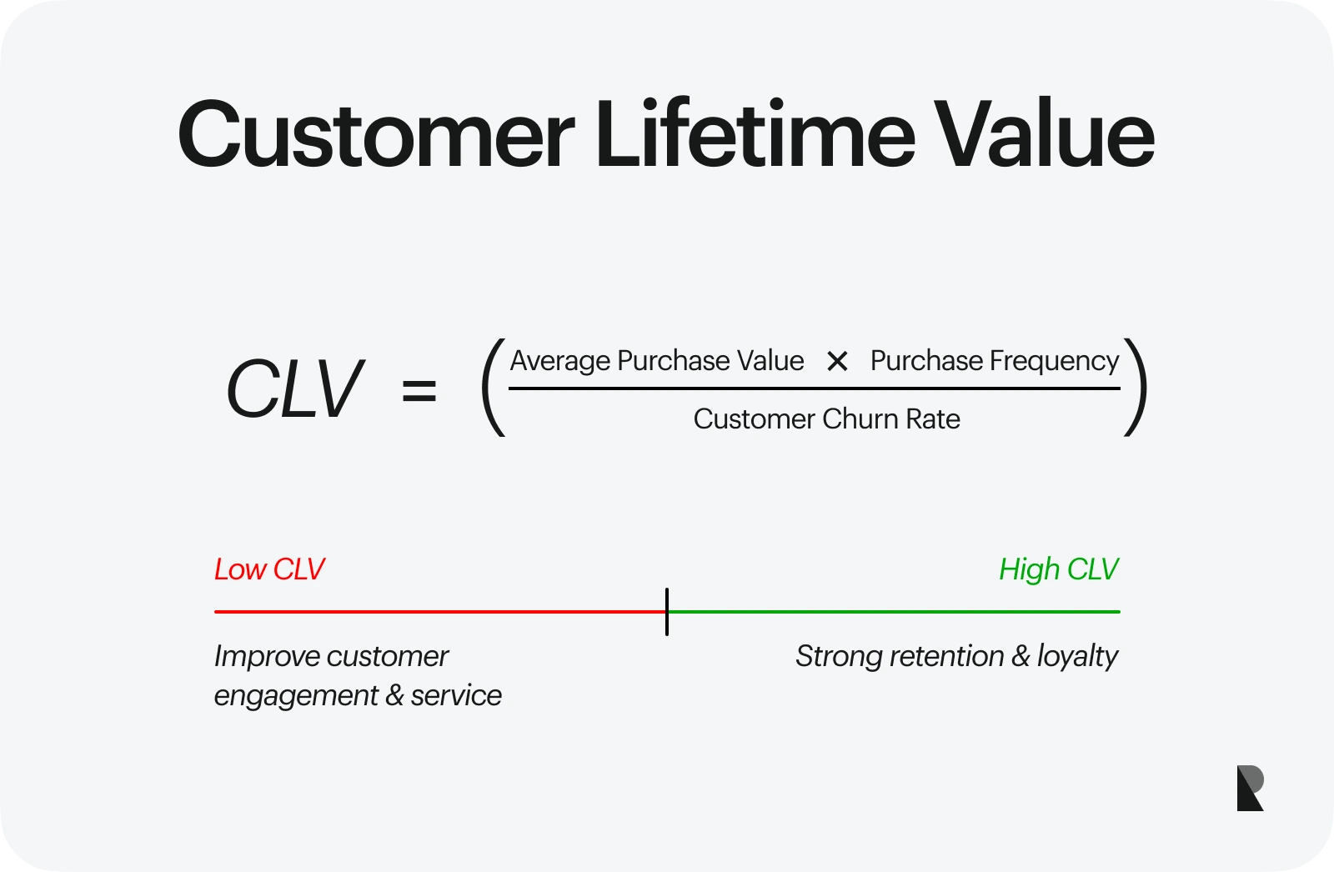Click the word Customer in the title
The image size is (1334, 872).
coord(376,134)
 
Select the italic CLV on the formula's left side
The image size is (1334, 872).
coord(294,389)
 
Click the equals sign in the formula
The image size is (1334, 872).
coord(419,391)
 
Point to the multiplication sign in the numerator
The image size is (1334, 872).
coord(837,361)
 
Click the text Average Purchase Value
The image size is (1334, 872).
coord(657,361)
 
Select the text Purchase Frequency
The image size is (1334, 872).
coord(995,362)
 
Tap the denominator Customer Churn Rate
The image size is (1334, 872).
coord(826,418)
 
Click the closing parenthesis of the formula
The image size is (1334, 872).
coord(1136,387)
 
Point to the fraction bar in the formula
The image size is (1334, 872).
coord(814,388)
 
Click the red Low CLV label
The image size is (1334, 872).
coord(269,569)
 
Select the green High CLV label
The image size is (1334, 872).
coord(1059,569)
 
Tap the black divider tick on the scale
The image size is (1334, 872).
coord(667,612)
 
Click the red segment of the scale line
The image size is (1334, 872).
coord(440,612)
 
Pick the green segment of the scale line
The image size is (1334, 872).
coord(894,612)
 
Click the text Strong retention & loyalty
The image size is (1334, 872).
coord(957,656)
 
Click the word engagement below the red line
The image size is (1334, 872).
coord(295,696)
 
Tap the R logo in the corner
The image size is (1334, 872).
coord(1250,788)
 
